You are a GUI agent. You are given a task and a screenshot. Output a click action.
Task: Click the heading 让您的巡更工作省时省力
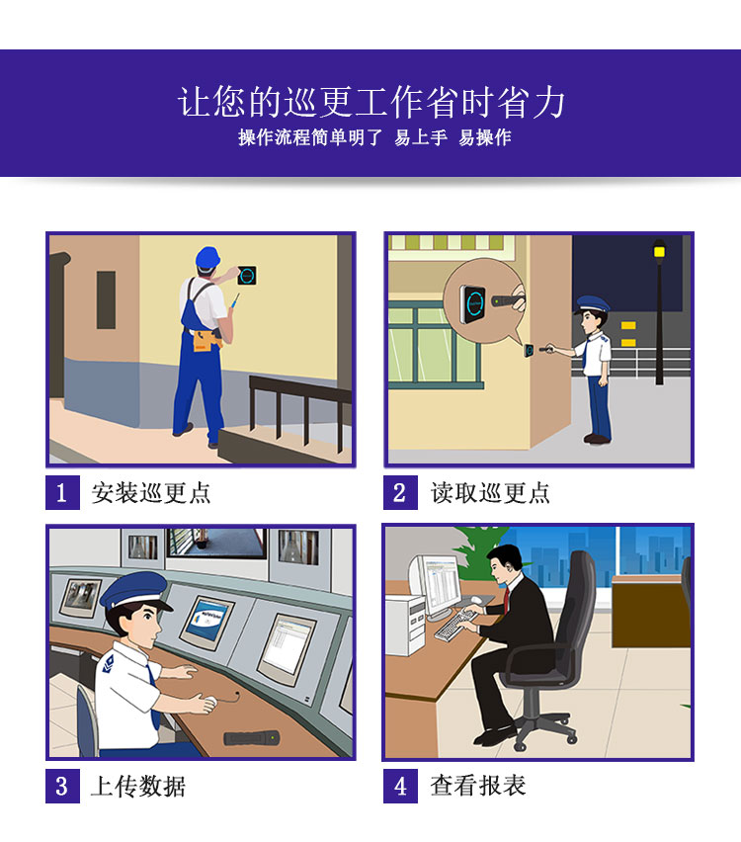(x=370, y=102)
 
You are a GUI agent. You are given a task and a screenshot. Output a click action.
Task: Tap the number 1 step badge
(x=61, y=492)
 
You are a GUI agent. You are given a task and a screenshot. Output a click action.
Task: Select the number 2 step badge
(x=399, y=492)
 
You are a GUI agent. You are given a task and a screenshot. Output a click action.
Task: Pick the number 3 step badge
(x=61, y=786)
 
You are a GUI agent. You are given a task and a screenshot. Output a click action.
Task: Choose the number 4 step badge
(x=399, y=786)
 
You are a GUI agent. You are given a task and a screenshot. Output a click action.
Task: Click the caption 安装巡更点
(x=150, y=492)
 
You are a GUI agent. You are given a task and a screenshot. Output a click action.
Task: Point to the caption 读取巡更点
(x=489, y=492)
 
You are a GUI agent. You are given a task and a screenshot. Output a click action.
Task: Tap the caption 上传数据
(x=137, y=786)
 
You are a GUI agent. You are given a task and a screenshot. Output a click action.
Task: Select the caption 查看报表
(x=477, y=786)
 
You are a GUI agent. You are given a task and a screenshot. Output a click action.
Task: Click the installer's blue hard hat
(x=206, y=257)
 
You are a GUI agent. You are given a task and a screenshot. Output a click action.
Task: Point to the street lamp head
(x=659, y=249)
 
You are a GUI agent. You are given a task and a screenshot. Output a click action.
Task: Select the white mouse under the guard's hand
(x=207, y=704)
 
